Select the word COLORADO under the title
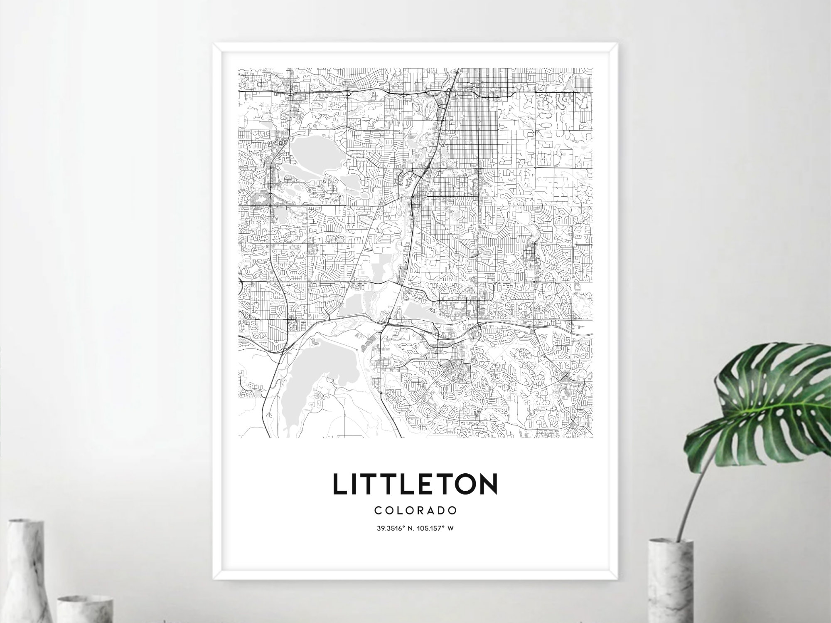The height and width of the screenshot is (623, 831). coord(415,510)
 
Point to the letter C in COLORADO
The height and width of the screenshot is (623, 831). coord(377,510)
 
